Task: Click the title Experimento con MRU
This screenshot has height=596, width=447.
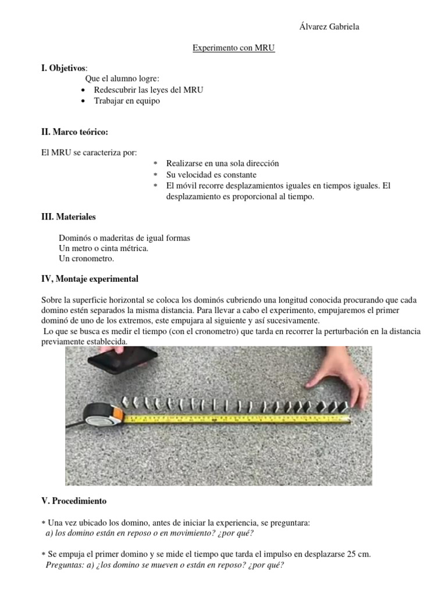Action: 233,49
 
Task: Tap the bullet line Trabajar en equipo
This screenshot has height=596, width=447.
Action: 126,101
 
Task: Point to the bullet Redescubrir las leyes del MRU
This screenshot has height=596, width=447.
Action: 148,90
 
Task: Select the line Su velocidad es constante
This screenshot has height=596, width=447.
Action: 211,175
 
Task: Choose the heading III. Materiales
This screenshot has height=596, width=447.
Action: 68,217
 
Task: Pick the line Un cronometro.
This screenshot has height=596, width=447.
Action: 86,258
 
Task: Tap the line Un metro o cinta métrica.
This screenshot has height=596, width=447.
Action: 104,249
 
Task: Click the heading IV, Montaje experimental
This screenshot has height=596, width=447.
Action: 89,279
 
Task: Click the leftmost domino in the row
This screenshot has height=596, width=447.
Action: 125,402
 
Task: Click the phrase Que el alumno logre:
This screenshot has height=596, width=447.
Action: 122,79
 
